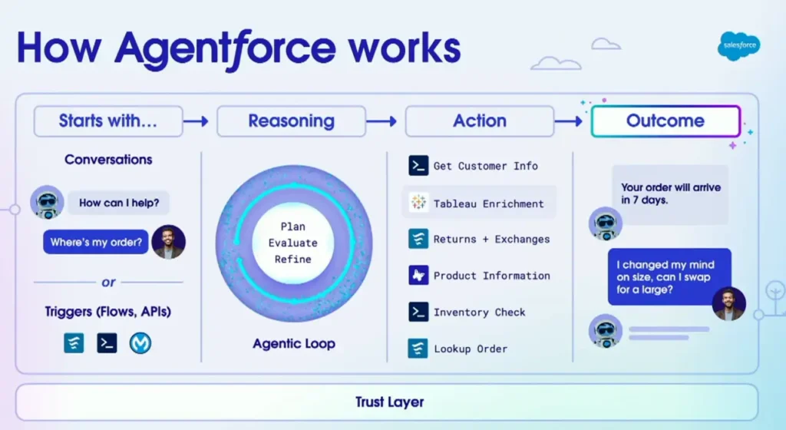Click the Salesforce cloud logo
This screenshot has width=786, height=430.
click(x=740, y=47)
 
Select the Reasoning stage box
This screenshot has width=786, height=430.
click(x=291, y=121)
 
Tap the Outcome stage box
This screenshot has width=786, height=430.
click(x=665, y=121)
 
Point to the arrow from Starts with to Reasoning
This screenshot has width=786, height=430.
click(x=197, y=121)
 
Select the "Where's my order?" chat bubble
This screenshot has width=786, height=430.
click(x=96, y=243)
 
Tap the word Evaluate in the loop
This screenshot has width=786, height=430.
click(x=292, y=243)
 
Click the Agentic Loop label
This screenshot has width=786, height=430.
click(x=294, y=343)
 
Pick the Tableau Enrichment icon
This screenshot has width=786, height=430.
click(x=418, y=203)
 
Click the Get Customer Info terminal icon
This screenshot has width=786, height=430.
click(x=418, y=165)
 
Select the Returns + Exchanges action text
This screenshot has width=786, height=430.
click(x=491, y=239)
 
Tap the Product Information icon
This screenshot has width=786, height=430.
click(x=418, y=275)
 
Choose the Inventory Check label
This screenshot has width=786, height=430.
click(x=479, y=312)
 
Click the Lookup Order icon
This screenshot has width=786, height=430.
click(x=418, y=348)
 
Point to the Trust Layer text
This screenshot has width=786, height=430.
click(x=389, y=402)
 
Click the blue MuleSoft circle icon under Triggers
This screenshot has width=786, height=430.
click(x=140, y=342)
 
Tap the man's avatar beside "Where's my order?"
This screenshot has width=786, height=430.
click(x=168, y=241)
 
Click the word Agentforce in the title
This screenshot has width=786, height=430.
click(x=225, y=48)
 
